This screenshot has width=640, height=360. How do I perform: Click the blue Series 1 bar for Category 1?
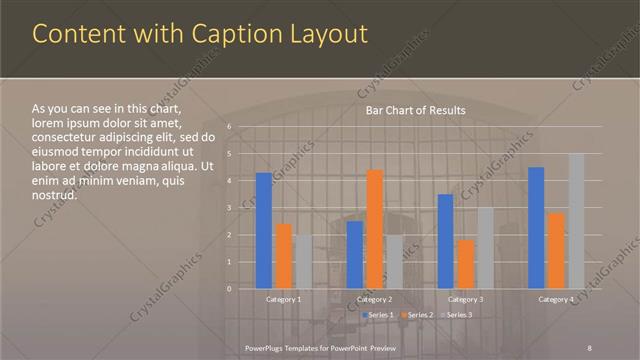pos(263,231)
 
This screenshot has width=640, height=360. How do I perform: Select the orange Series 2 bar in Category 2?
pos(375,229)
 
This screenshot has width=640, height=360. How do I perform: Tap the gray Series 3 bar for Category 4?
pos(576,221)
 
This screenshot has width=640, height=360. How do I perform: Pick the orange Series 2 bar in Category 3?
pos(465,264)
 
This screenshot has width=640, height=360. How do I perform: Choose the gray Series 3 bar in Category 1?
pos(303,262)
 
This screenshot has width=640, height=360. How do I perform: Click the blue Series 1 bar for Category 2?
pos(355,255)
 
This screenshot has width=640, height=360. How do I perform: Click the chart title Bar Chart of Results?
pos(414,110)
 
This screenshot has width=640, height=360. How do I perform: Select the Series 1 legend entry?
pos(377,316)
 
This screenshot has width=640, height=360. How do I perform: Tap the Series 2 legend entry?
pos(418,316)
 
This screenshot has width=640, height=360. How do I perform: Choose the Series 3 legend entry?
pos(456,316)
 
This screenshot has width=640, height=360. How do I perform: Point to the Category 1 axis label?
pos(283,299)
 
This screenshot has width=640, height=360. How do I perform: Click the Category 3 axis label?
pos(465,299)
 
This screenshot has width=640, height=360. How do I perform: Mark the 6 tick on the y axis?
pos(229,127)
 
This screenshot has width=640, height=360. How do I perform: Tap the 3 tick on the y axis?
pos(229,208)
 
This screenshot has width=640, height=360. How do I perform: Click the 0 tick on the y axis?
pos(229,289)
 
